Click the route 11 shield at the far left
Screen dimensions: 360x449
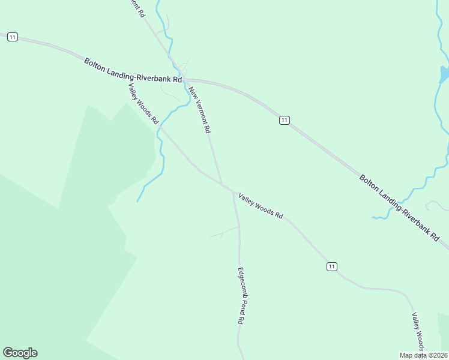point(13,37)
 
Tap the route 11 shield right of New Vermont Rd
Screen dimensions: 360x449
point(285,120)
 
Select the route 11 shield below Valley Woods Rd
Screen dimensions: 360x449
point(332,266)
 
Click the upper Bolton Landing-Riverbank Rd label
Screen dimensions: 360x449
point(133,70)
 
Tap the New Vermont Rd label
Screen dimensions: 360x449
point(199,110)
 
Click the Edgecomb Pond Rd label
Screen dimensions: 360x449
point(240,295)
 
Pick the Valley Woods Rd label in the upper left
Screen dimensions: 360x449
point(143,103)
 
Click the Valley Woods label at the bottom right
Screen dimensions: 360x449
point(418,332)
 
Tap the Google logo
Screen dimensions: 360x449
point(20,353)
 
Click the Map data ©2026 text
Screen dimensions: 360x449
point(423,355)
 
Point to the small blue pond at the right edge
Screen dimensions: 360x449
point(444,74)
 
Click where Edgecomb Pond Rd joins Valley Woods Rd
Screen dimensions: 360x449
point(233,192)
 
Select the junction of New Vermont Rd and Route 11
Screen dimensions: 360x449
point(185,79)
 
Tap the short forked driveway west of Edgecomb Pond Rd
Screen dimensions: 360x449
point(223,232)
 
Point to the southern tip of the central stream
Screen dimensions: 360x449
point(137,201)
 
